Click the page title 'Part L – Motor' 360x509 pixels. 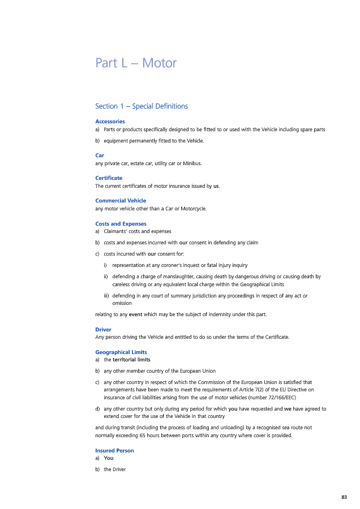pyautogui.click(x=136, y=63)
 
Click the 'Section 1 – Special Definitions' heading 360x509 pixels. pyautogui.click(x=141, y=106)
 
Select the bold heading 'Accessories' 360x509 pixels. pyautogui.click(x=110, y=121)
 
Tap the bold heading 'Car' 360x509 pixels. pyautogui.click(x=100, y=155)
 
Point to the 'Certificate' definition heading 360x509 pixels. pyautogui.click(x=109, y=178)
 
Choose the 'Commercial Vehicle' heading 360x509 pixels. pyautogui.click(x=121, y=200)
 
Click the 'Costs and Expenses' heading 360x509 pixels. pyautogui.click(x=121, y=223)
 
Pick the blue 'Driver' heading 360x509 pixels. pyautogui.click(x=103, y=329)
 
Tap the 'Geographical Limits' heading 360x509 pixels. pyautogui.click(x=121, y=352)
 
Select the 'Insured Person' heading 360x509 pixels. pyautogui.click(x=114, y=450)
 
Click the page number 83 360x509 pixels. pyautogui.click(x=344, y=497)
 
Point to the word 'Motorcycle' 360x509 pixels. pyautogui.click(x=192, y=209)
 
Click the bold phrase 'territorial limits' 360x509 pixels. pyautogui.click(x=131, y=360)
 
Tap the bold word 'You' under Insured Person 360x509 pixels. pyautogui.click(x=109, y=458)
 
